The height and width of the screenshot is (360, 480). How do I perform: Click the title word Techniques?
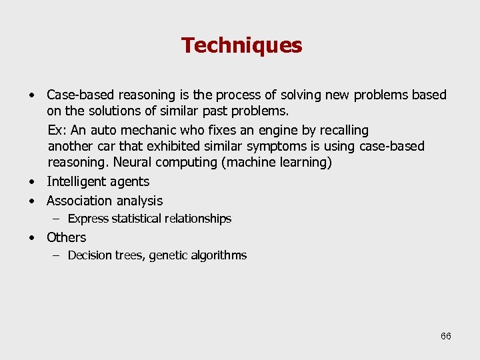pyautogui.click(x=241, y=45)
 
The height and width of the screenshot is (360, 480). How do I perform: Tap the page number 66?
pyautogui.click(x=446, y=336)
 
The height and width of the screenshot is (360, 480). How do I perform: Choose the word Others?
pyautogui.click(x=66, y=237)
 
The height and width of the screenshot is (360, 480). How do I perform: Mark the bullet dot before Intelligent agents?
pyautogui.click(x=31, y=181)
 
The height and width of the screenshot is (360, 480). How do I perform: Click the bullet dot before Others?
pyautogui.click(x=31, y=237)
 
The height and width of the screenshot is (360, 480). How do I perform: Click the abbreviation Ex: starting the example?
pyautogui.click(x=57, y=130)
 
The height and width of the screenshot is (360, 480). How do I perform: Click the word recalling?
pyautogui.click(x=345, y=130)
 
